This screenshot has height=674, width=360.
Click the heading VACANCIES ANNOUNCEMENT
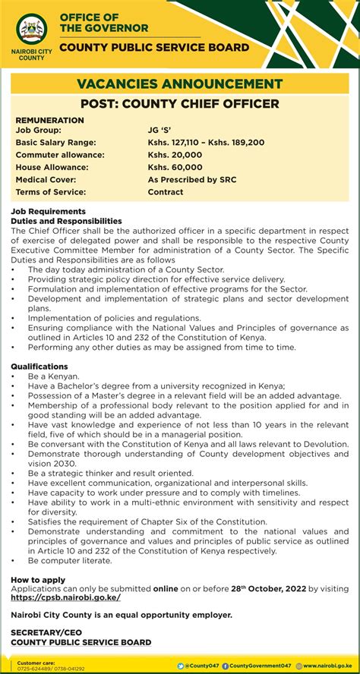point(179,83)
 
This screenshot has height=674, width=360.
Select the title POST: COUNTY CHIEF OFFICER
point(179,103)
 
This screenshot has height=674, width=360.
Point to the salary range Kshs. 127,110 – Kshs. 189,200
point(206,143)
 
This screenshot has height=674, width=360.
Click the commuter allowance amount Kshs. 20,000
point(175,155)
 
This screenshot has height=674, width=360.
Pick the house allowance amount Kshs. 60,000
point(175,167)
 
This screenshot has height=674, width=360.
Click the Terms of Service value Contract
point(166,192)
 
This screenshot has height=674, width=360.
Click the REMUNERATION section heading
point(49,120)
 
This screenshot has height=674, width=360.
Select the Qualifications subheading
point(39,366)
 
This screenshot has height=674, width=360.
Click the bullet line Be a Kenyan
point(53,376)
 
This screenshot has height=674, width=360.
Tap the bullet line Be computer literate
point(70,560)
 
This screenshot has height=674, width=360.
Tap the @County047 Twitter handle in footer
point(199,666)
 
